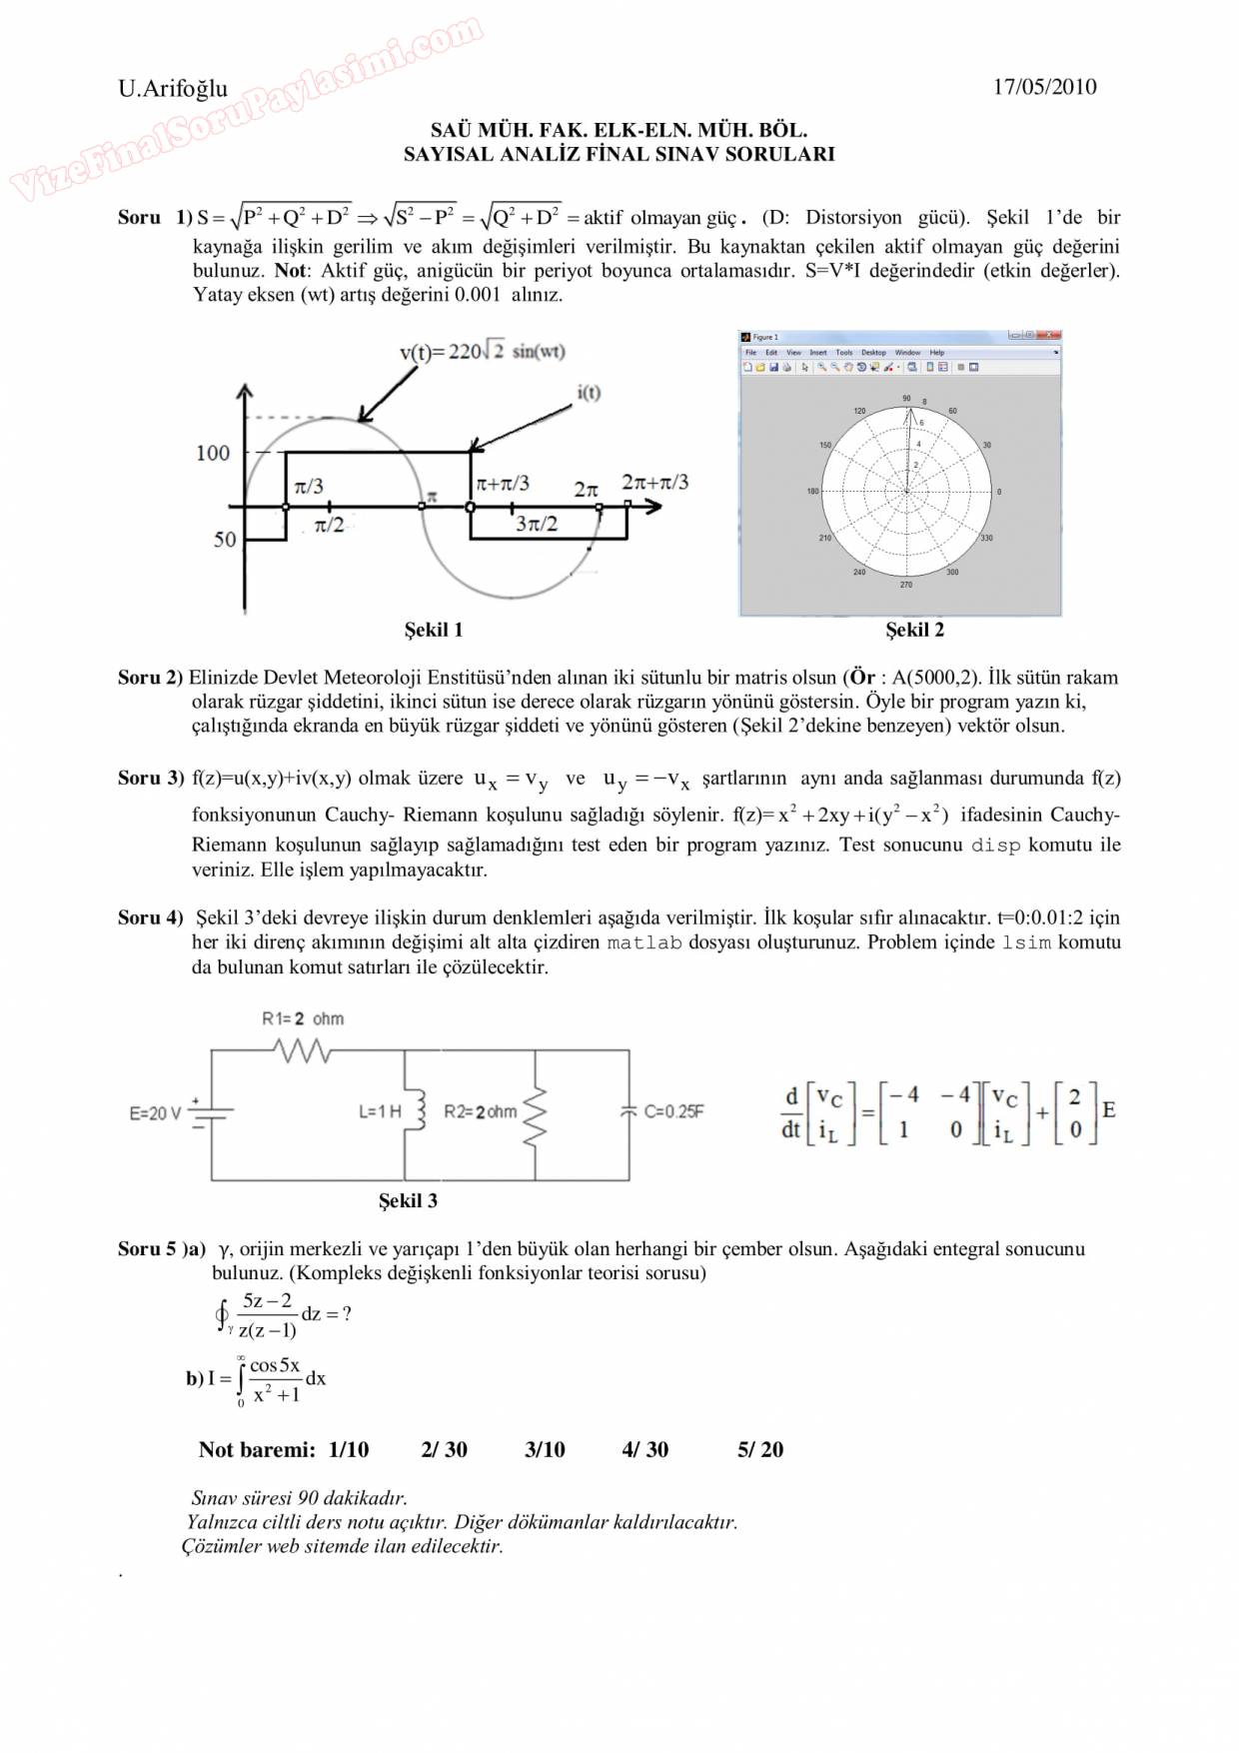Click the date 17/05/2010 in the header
[1044, 87]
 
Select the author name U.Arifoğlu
[173, 88]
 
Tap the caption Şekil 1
[433, 630]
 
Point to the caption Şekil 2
[914, 630]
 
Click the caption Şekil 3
[408, 1200]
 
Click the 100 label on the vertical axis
[213, 453]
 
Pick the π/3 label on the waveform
[309, 486]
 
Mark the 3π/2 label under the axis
[537, 524]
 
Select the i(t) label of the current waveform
[589, 393]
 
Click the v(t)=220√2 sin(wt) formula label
[483, 351]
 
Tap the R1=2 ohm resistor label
[303, 1018]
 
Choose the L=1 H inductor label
[380, 1111]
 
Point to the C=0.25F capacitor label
[673, 1111]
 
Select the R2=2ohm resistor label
[481, 1111]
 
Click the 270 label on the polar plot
[906, 584]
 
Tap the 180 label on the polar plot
[812, 491]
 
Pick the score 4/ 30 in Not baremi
[644, 1449]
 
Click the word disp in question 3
[996, 846]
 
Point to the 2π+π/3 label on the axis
[654, 482]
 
